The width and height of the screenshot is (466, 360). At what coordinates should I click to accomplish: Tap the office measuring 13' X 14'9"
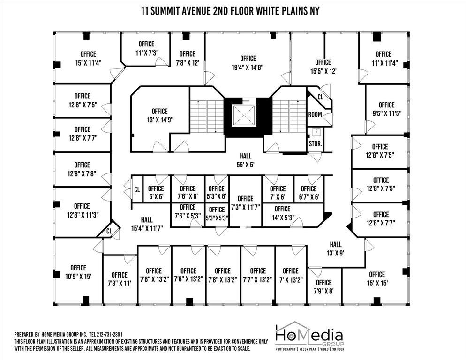[159, 115]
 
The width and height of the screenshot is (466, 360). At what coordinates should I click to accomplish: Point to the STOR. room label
[315, 144]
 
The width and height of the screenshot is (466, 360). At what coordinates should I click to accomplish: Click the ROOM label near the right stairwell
[315, 114]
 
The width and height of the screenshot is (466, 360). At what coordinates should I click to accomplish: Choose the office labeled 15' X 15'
[376, 278]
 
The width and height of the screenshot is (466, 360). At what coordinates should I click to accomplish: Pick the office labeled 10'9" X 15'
[78, 272]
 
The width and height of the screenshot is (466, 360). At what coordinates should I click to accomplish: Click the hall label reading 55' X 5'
[245, 160]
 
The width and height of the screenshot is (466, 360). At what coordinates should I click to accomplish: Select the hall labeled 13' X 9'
[336, 248]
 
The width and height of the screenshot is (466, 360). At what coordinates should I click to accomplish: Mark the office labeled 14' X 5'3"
[282, 213]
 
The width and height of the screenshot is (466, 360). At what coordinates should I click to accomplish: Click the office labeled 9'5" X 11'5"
[386, 109]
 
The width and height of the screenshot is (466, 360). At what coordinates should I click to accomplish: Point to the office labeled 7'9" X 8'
[323, 286]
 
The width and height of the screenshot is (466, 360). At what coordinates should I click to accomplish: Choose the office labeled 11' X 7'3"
[141, 50]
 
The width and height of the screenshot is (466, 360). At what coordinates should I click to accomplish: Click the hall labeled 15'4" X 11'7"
[147, 224]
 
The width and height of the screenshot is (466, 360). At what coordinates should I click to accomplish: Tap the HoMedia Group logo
[308, 336]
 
